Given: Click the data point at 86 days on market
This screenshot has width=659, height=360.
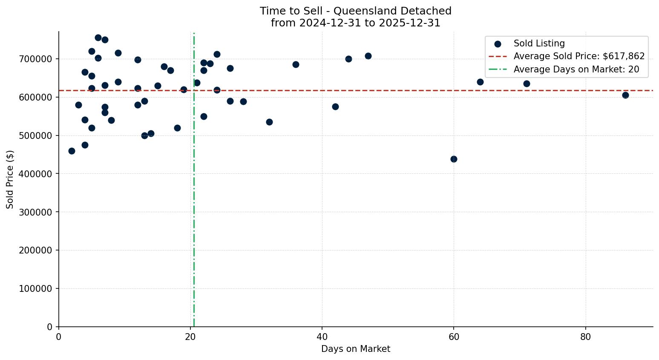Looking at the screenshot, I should [625, 95].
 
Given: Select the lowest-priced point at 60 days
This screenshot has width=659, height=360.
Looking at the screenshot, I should [454, 159].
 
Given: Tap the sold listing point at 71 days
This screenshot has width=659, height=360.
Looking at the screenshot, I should [527, 84].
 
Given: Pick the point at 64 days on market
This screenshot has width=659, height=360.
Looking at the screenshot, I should [480, 82].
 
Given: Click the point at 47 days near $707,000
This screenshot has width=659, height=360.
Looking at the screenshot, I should [368, 56].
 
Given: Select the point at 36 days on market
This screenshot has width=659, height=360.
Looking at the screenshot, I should [296, 64].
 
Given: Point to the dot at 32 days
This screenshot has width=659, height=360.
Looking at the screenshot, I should [269, 122].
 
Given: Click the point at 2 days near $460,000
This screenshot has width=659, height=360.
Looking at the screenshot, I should [72, 151].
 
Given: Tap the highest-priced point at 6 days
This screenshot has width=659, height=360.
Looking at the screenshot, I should [98, 37].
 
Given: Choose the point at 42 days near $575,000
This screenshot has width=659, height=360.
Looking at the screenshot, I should [335, 107].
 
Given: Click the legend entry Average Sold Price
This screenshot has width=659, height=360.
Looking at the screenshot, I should [579, 56].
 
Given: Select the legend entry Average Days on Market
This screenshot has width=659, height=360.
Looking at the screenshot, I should [576, 69].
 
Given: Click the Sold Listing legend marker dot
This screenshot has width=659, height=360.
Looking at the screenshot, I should [498, 43].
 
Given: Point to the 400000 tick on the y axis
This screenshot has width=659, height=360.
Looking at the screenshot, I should [36, 174].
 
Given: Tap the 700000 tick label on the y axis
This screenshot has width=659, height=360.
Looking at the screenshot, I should [36, 59].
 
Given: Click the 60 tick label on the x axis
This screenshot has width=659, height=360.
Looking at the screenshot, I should [454, 337].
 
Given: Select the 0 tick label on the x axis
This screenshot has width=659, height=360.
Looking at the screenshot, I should [59, 337].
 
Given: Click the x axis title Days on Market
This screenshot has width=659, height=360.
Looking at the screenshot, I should [356, 349].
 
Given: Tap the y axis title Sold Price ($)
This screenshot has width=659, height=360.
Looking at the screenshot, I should [10, 179].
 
